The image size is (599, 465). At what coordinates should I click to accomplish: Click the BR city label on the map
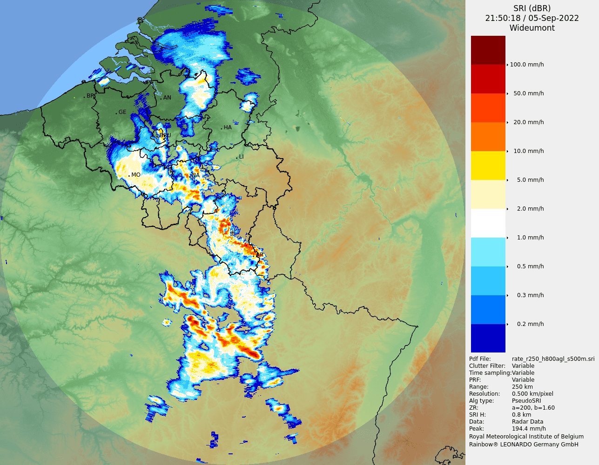[90, 96]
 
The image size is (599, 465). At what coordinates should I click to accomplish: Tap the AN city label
[167, 98]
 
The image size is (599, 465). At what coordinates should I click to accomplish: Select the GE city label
[122, 112]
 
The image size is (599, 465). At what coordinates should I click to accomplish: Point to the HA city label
[228, 127]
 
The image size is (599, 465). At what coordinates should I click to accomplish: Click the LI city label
[241, 157]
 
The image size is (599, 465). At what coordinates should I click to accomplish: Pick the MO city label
[135, 175]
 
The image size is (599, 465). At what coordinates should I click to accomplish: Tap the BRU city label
[165, 135]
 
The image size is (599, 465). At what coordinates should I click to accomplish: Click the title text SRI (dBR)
[532, 8]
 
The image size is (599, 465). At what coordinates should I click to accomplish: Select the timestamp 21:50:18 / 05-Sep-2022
[532, 18]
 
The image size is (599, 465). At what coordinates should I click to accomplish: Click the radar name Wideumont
[532, 28]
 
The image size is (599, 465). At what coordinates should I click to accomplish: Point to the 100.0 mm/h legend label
[527, 65]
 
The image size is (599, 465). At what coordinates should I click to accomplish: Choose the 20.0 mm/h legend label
[528, 122]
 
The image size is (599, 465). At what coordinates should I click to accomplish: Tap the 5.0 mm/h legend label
[530, 180]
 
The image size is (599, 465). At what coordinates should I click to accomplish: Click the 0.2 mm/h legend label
[530, 324]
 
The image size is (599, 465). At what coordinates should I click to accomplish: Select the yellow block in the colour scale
[488, 166]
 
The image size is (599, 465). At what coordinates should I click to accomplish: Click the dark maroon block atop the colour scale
[488, 50]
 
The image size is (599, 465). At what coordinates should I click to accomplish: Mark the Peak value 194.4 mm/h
[529, 429]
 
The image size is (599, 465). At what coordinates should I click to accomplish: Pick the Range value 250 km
[522, 387]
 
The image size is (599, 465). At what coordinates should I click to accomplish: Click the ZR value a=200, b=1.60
[533, 408]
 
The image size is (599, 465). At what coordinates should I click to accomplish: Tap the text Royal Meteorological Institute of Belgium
[526, 437]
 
